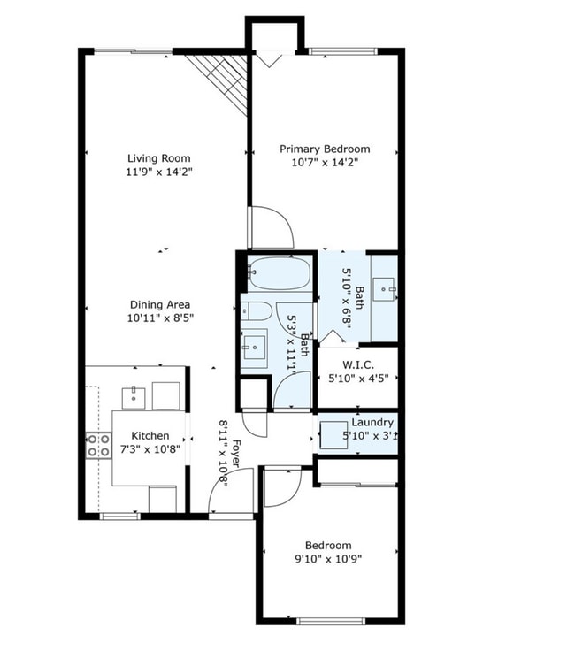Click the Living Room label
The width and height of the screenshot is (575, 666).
[159, 158]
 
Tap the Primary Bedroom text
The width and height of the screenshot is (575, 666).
[325, 149]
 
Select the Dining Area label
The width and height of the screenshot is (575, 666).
[159, 304]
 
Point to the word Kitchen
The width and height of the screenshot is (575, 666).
[149, 436]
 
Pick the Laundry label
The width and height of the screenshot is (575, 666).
[372, 423]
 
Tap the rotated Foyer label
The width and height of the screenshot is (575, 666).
[236, 442]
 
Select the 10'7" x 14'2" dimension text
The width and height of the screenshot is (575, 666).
[325, 162]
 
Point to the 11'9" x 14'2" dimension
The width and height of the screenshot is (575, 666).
[159, 172]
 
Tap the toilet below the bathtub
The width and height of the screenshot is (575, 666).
[256, 310]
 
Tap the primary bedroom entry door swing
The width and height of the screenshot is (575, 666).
[271, 228]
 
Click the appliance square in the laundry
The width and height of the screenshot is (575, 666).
[333, 434]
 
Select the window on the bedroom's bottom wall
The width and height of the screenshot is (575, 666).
[331, 621]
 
